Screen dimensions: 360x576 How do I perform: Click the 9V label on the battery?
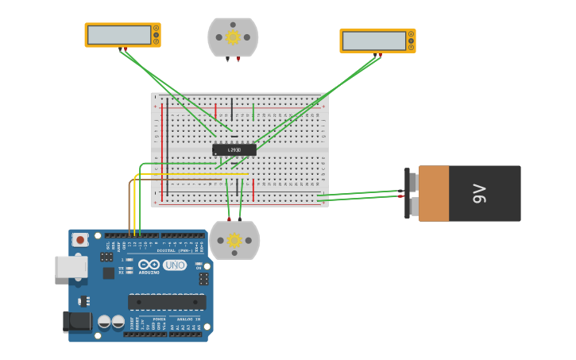click(x=479, y=193)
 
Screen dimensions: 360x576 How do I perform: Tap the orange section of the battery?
click(x=434, y=193)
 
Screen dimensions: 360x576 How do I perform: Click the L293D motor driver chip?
click(x=234, y=149)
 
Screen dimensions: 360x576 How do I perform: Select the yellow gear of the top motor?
click(x=233, y=37)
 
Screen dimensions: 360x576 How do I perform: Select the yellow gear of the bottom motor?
click(x=234, y=240)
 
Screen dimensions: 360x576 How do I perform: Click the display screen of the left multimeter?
click(x=119, y=35)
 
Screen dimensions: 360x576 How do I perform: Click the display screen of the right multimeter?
click(x=374, y=41)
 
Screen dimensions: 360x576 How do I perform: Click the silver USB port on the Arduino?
click(x=71, y=266)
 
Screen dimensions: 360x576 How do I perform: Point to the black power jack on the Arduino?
click(x=76, y=321)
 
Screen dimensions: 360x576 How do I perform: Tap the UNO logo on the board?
click(x=175, y=265)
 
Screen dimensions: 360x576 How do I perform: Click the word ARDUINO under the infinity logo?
click(x=149, y=273)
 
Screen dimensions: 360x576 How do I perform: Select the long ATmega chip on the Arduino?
click(x=167, y=302)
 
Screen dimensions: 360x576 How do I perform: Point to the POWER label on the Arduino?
click(x=159, y=319)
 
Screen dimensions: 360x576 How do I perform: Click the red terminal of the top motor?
click(x=238, y=59)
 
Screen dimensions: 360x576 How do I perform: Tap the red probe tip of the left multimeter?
click(x=126, y=49)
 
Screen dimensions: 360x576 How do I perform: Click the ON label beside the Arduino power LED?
click(x=199, y=268)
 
